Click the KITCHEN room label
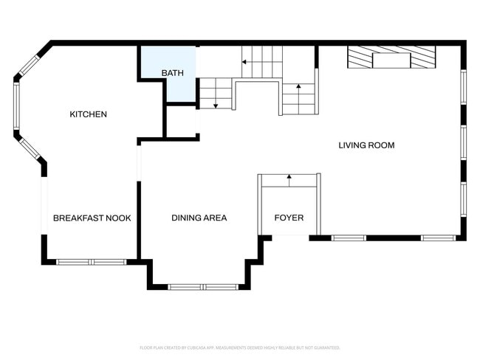[88, 114]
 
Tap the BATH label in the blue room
[172, 73]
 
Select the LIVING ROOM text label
[366, 145]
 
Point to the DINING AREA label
[199, 218]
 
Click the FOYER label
[289, 218]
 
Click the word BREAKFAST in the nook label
[78, 218]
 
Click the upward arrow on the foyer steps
[289, 177]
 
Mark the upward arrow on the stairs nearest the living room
[298, 88]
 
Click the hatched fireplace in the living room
[391, 58]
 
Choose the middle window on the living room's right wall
[463, 143]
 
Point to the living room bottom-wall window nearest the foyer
[348, 238]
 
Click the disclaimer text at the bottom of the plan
[240, 347]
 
